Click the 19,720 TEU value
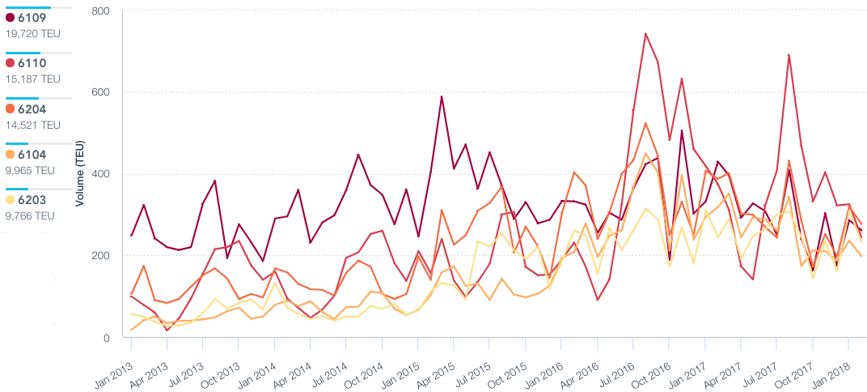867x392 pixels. click(33, 34)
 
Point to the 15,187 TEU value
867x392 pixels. click(33, 79)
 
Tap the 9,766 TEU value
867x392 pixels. click(31, 215)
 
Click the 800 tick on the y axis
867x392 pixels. click(102, 11)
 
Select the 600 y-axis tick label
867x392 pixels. click(102, 92)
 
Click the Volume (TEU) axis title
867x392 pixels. click(80, 173)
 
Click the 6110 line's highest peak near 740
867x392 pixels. click(645, 34)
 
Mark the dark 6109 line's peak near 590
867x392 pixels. click(442, 96)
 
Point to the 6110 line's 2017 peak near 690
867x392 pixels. click(789, 55)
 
